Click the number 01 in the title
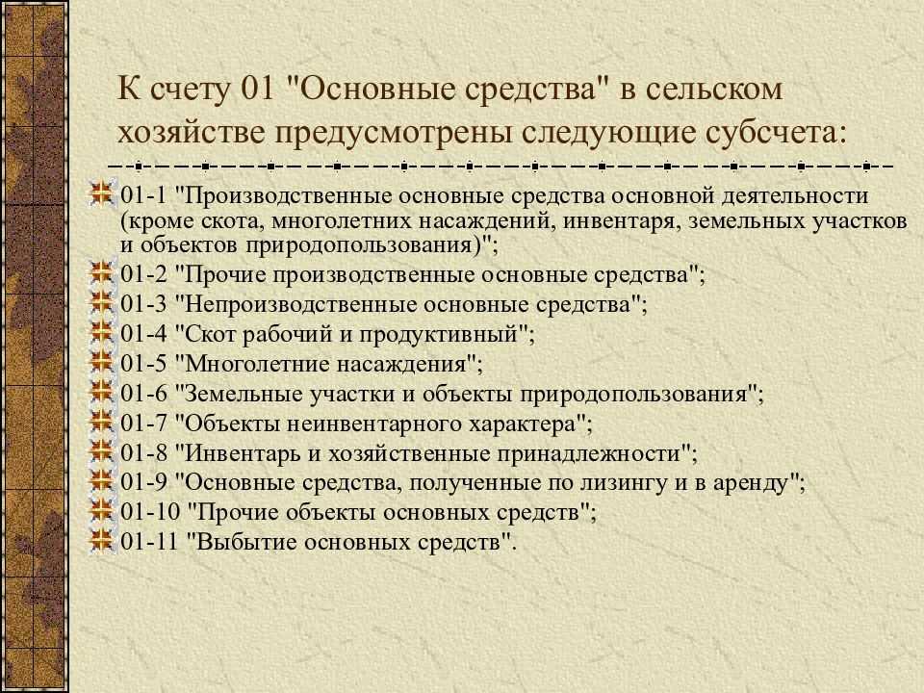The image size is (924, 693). pyautogui.click(x=258, y=90)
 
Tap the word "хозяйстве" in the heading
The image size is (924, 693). pyautogui.click(x=190, y=132)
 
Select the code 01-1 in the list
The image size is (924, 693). pyautogui.click(x=143, y=195)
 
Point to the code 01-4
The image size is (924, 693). pyautogui.click(x=143, y=334)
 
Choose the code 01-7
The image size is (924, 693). pyautogui.click(x=143, y=423)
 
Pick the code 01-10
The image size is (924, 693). pyautogui.click(x=150, y=511)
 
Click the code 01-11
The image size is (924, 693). pyautogui.click(x=149, y=542)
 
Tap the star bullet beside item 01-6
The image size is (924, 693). pyautogui.click(x=101, y=392)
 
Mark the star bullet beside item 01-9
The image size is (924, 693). pyautogui.click(x=101, y=481)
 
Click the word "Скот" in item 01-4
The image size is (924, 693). pyautogui.click(x=210, y=334)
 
